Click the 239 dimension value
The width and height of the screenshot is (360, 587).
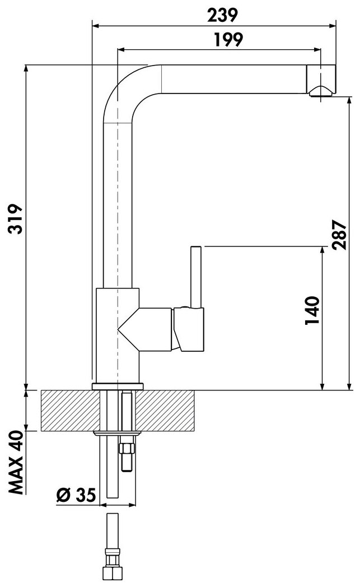(223, 15)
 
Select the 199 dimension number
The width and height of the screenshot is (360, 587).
(228, 39)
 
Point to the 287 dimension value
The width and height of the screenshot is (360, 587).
(339, 235)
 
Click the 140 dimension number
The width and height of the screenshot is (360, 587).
(312, 310)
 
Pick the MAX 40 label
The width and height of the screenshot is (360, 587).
(16, 463)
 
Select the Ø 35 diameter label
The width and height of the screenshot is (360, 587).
(76, 495)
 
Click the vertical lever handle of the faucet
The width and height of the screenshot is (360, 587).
(196, 277)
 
